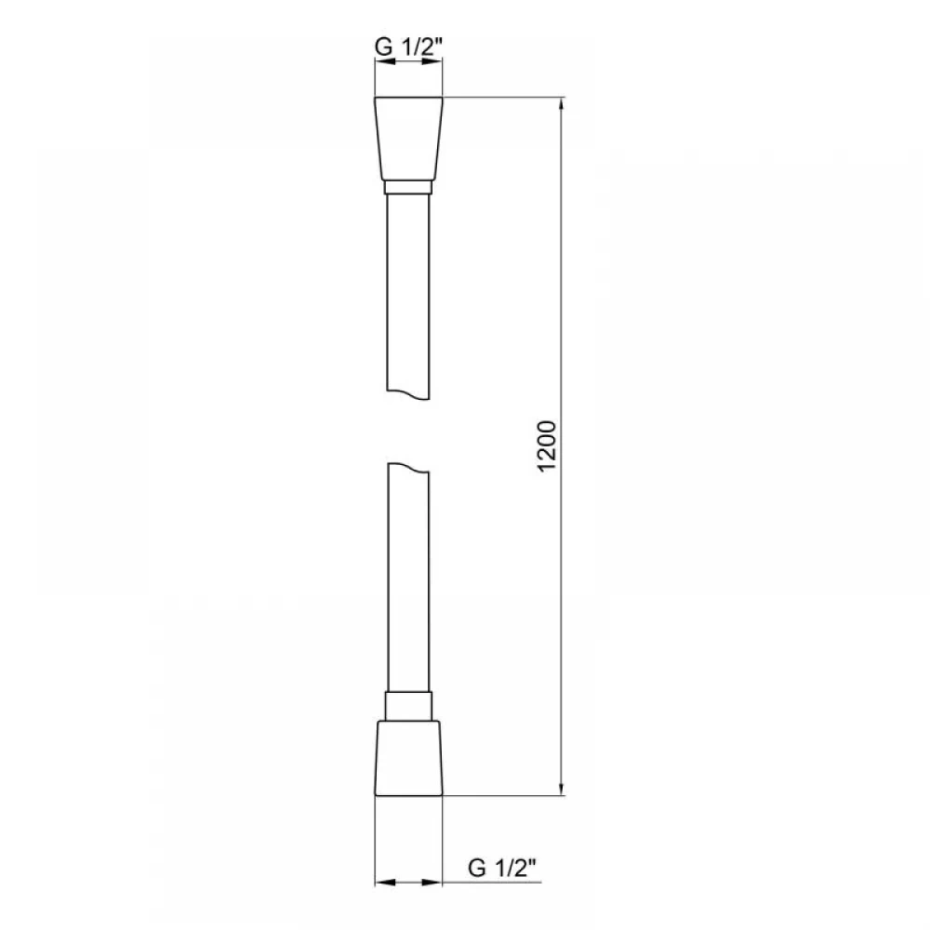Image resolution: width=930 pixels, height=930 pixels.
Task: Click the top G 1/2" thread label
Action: pyautogui.click(x=408, y=46)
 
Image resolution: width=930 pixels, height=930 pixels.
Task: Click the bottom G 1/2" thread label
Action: pyautogui.click(x=502, y=868)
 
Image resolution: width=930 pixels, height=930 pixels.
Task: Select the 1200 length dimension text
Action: pyautogui.click(x=546, y=446)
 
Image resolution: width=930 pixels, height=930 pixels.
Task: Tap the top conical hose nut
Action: pyautogui.click(x=408, y=139)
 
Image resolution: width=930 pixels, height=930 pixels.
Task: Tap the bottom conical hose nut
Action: pyautogui.click(x=408, y=758)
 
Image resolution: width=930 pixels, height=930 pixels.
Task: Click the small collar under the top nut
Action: pyautogui.click(x=408, y=188)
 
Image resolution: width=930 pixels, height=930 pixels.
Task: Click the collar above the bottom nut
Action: pyautogui.click(x=408, y=706)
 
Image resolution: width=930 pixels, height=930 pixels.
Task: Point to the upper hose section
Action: pyautogui.click(x=408, y=295)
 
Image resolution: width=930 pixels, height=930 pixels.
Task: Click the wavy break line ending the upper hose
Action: pyautogui.click(x=408, y=394)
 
